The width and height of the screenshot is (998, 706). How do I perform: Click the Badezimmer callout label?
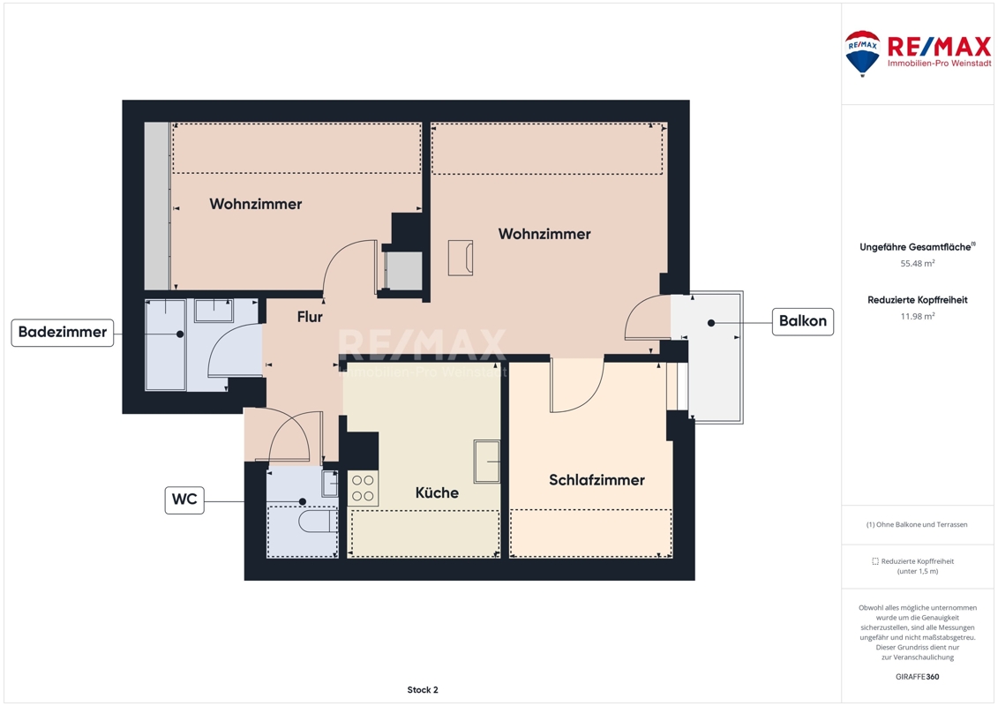point(63,333)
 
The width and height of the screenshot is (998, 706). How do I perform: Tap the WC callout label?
point(184,499)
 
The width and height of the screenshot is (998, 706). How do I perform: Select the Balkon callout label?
point(803,321)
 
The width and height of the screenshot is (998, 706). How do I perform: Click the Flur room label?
point(310,317)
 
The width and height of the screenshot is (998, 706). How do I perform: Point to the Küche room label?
point(437,492)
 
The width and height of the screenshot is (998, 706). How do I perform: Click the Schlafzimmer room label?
point(597,480)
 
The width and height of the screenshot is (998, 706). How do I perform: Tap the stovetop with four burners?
point(363,488)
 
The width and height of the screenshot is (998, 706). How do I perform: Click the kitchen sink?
point(486,461)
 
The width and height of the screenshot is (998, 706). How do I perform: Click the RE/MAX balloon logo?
point(862,54)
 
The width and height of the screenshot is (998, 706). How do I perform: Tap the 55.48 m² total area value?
point(917,263)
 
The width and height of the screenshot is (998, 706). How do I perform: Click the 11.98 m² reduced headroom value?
point(917,316)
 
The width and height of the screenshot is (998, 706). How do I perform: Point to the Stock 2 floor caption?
point(423,689)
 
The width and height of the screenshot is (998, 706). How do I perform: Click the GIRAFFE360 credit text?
point(917,677)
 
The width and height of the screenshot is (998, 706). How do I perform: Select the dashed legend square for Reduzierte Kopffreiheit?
point(875,561)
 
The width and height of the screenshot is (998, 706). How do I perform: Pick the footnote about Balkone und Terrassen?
point(917,524)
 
